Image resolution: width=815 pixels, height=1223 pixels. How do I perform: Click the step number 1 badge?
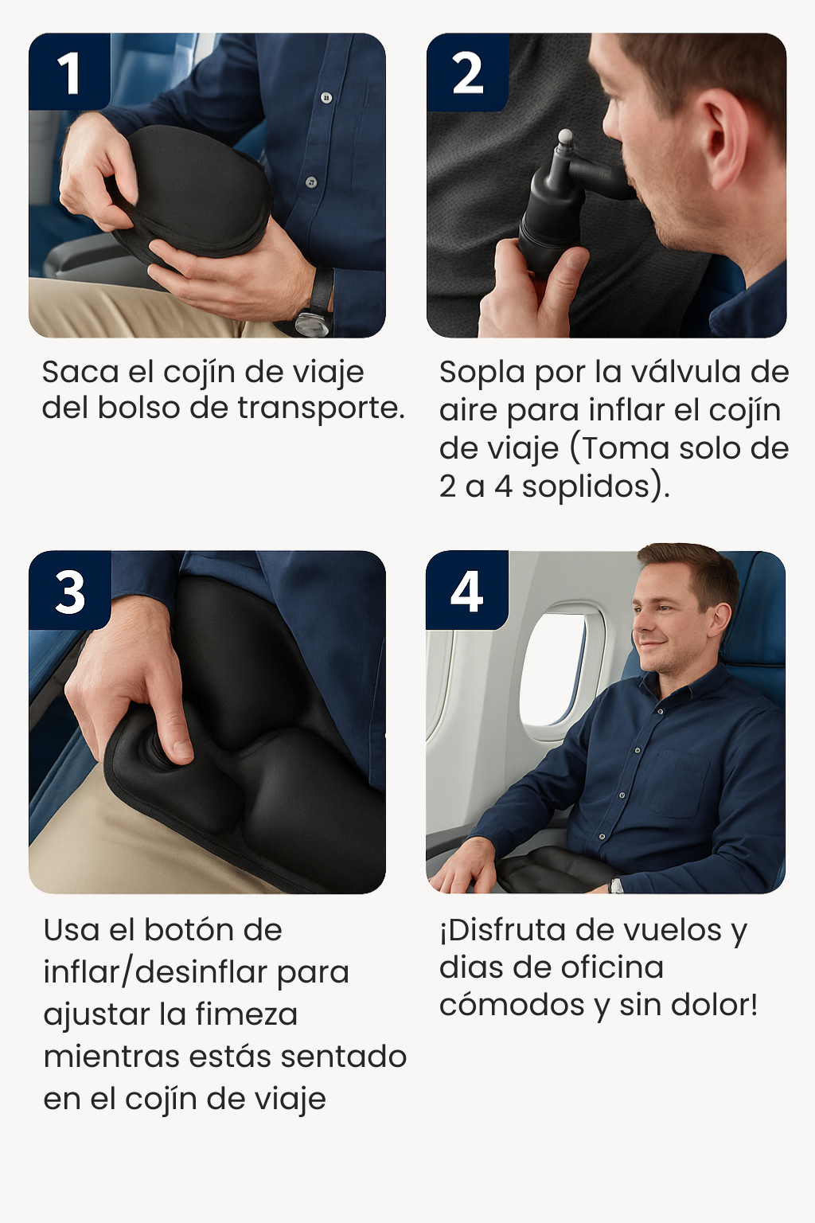70,72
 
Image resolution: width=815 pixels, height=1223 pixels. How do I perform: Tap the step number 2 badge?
467,72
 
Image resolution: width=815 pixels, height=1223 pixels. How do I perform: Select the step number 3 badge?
70,590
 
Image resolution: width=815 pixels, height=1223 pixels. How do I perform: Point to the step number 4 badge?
466,590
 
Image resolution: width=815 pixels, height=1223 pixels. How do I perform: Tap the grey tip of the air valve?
566,136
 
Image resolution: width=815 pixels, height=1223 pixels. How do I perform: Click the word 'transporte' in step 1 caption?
318,408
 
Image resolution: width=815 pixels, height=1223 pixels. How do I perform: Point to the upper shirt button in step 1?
326,98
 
